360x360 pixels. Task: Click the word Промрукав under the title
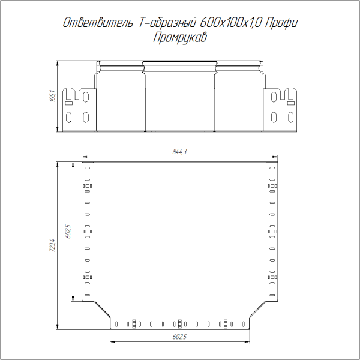pos(180,38)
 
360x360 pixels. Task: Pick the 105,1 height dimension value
pos(52,96)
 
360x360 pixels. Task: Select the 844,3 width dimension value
pos(180,152)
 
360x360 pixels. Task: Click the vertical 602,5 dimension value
pos(68,231)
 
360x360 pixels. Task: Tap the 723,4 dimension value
pos(52,246)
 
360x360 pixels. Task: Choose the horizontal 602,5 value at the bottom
pos(180,337)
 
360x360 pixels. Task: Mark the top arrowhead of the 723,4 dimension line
pos(57,163)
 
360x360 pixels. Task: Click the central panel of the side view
pos(180,99)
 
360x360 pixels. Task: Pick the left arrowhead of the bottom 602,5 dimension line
pos(113,341)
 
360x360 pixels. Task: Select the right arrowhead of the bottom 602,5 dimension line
pos(247,341)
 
